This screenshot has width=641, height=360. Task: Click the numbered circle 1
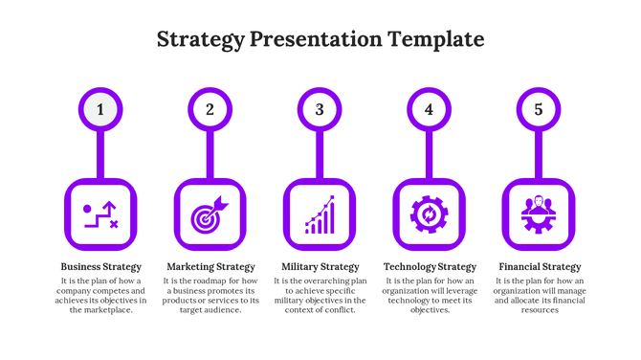pos(100,109)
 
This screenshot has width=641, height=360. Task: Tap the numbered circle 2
pos(210,109)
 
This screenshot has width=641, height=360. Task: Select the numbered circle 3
pos(320,109)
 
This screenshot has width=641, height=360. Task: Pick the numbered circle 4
pos(429,109)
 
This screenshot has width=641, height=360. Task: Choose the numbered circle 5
pos(539,109)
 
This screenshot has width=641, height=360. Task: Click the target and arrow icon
pos(210,215)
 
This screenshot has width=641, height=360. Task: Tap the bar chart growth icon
pos(320,215)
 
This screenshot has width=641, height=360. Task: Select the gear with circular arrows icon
pos(429,215)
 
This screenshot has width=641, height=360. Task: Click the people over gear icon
pos(539,215)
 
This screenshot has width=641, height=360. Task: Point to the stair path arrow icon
pos(100,215)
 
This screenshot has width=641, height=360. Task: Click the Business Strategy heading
pos(100,266)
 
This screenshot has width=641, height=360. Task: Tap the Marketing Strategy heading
pos(210,266)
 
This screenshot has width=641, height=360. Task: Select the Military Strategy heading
pos(320,266)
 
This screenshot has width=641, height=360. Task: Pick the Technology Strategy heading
pos(430,266)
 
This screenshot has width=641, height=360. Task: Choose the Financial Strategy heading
pos(540,266)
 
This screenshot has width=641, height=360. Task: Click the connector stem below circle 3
pos(320,155)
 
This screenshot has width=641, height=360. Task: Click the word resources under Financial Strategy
pos(540,310)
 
